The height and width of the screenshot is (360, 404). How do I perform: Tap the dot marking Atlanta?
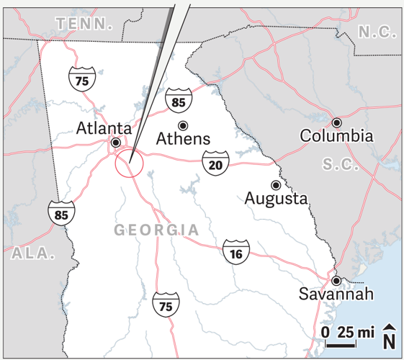(115, 143)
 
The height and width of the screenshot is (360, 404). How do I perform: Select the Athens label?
(183, 138)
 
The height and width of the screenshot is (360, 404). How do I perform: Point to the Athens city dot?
(182, 126)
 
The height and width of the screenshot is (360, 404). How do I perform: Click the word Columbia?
(336, 135)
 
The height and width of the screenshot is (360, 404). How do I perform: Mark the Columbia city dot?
(336, 122)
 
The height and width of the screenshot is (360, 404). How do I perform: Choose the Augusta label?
(276, 198)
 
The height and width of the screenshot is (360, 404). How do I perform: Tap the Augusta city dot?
(274, 184)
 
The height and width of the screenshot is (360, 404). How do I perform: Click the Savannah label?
(337, 294)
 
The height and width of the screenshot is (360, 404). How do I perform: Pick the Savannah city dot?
(336, 280)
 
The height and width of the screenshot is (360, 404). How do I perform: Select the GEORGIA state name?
(156, 230)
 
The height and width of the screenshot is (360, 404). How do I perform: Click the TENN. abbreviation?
(85, 24)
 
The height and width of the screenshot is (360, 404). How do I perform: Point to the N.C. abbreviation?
(378, 31)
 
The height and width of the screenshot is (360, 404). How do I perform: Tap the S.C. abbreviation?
(341, 163)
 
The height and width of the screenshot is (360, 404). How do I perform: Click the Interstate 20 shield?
(215, 165)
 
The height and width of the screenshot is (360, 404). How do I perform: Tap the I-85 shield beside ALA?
(61, 213)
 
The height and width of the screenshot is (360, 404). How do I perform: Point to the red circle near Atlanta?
(130, 163)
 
